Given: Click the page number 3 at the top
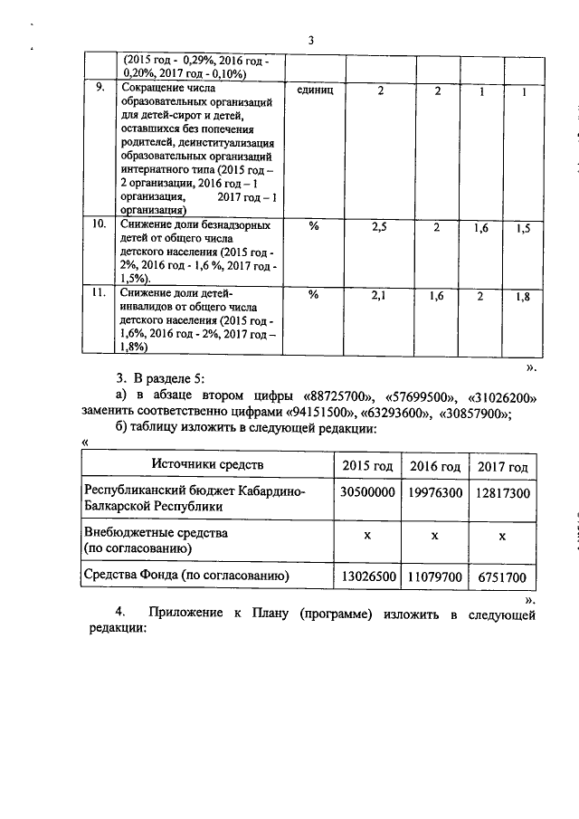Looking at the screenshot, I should (309, 40).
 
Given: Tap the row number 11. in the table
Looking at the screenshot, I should (102, 293).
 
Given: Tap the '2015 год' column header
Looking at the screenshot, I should (366, 466).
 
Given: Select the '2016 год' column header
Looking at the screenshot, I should (435, 466).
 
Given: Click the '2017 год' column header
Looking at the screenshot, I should (503, 466).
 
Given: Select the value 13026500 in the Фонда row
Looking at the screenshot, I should (366, 576).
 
